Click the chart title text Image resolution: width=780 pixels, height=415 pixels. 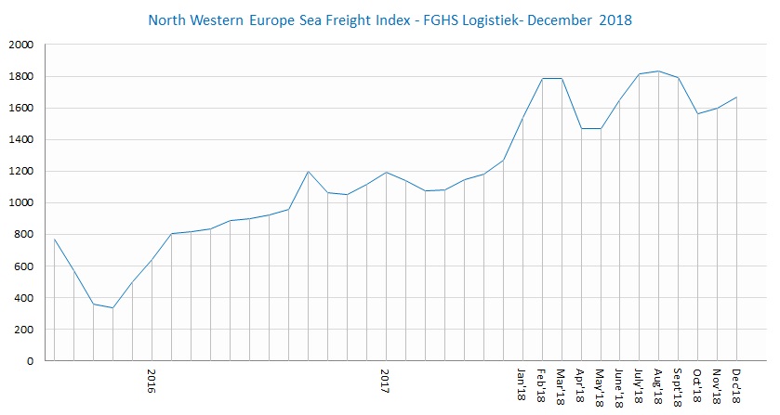tap(390, 19)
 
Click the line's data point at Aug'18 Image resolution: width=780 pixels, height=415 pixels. tap(658, 71)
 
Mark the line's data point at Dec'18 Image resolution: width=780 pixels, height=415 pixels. tap(736, 97)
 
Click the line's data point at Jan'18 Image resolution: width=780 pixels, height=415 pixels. tap(522, 118)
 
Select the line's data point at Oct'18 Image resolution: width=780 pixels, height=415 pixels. tap(697, 113)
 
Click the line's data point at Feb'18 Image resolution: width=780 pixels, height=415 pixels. tap(542, 78)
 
